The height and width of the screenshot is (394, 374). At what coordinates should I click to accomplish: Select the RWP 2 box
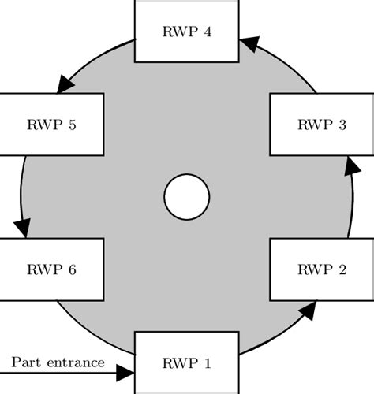click(321, 269)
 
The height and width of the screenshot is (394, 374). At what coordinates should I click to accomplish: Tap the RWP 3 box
click(321, 125)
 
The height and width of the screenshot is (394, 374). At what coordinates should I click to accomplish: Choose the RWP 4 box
click(186, 32)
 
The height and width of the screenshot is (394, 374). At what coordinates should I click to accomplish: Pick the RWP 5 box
click(51, 125)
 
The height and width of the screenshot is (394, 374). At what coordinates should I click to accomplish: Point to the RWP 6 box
click(51, 269)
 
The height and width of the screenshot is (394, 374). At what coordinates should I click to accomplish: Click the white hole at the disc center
click(186, 196)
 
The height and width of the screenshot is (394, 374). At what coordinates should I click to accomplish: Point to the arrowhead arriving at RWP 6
click(22, 227)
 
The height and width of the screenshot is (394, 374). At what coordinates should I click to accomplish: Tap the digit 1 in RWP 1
click(208, 363)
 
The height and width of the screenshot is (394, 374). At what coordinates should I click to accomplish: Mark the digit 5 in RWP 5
click(73, 125)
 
